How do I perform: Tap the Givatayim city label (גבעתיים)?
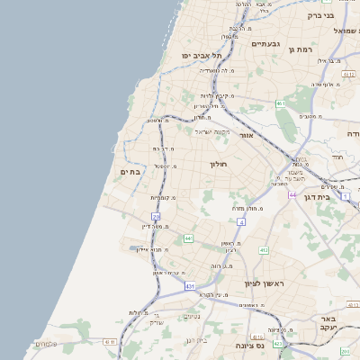pos(267,43)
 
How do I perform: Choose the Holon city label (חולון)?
pos(220,164)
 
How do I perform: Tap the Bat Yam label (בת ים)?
pos(130,171)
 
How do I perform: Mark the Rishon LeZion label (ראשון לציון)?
pos(265,283)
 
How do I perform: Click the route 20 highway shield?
pos(156,216)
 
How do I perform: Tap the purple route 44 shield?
pos(292,194)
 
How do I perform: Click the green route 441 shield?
pos(188,238)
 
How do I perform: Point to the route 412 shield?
pos(264,250)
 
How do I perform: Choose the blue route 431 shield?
pos(190,285)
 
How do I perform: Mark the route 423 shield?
pos(278,344)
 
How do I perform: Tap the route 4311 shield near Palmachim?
pos(110,342)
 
